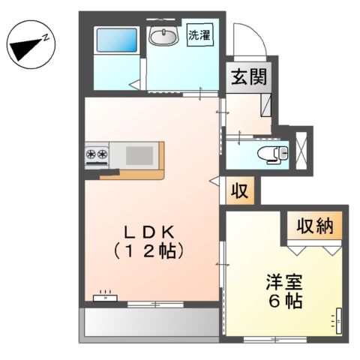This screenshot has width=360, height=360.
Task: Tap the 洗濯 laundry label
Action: point(199,34)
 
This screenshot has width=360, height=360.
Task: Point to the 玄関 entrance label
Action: point(246,76)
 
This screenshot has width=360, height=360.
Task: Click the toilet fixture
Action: point(270,154)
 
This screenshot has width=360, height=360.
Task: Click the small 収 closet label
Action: point(239,190)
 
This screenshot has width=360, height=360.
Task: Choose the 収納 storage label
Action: point(313,224)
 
